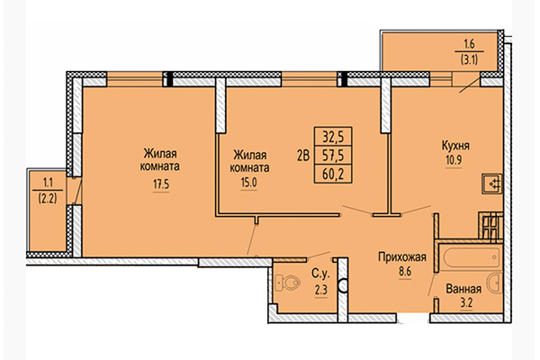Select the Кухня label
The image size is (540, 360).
click(458, 145)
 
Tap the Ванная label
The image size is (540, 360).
click(463, 291)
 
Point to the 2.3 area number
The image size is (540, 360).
click(319, 289)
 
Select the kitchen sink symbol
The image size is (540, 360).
click(492, 184)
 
